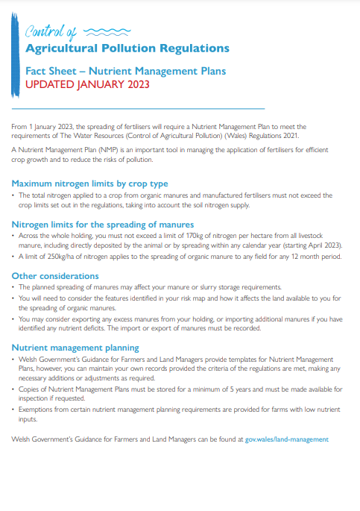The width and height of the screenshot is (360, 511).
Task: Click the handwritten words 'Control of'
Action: (51, 32)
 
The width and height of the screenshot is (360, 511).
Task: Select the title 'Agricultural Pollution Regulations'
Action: (127, 48)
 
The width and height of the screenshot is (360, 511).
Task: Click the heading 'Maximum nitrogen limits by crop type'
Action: (89, 183)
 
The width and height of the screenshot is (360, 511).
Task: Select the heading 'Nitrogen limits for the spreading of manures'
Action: (103, 224)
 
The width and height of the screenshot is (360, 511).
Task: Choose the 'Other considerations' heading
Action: (54, 276)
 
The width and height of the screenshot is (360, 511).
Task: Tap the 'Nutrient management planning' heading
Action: (75, 348)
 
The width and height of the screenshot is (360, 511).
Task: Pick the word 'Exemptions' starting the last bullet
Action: (36, 410)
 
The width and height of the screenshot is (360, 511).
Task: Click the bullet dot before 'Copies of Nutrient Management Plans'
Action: (13, 389)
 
